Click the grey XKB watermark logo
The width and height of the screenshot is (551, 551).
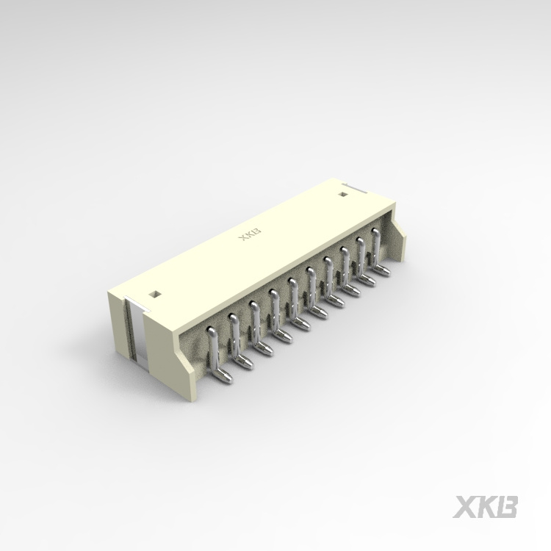(x=486, y=508)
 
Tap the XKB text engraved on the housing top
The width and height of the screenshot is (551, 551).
(x=251, y=236)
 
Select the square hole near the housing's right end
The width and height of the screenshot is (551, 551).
(x=342, y=195)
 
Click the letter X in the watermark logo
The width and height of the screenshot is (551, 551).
(x=465, y=508)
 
